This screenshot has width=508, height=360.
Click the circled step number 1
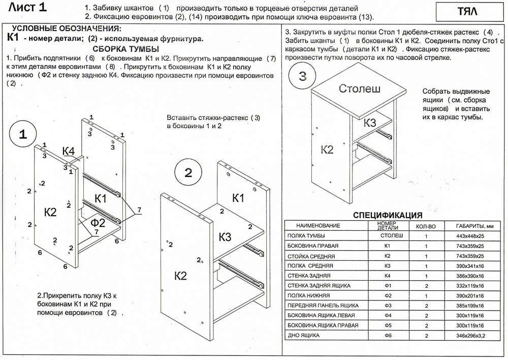(x=23, y=134)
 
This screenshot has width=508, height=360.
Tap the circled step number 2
(x=188, y=173)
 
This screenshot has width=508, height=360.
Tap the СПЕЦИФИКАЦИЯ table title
(x=388, y=215)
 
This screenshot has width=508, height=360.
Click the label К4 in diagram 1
(x=69, y=151)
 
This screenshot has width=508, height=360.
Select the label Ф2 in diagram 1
(x=98, y=222)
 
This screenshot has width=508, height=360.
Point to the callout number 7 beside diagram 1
(x=139, y=210)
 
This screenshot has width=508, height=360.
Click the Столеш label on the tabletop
(x=360, y=89)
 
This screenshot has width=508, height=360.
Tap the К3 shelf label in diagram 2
(x=226, y=237)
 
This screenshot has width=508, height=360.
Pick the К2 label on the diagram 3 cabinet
(x=327, y=149)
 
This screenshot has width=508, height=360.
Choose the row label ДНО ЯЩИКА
(x=303, y=335)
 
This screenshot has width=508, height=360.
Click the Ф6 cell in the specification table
(x=388, y=335)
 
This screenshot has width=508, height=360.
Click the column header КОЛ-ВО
(x=426, y=226)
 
